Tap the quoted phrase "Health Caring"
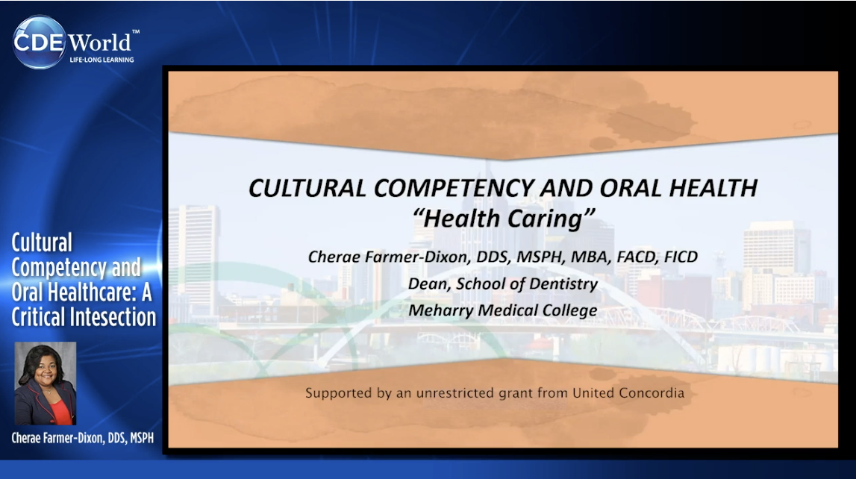pyautogui.click(x=503, y=219)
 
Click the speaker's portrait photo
pyautogui.click(x=46, y=383)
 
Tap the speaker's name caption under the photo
pyautogui.click(x=82, y=438)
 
